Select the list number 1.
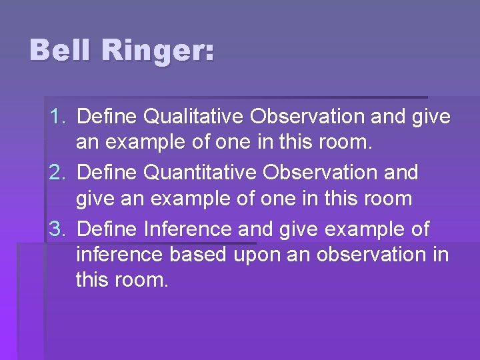click(x=58, y=117)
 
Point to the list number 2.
click(x=58, y=173)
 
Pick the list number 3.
click(x=58, y=229)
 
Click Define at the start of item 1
click(x=107, y=117)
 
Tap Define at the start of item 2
click(x=107, y=173)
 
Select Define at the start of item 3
click(x=107, y=229)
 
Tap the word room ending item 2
click(x=387, y=199)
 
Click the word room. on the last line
click(x=142, y=280)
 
